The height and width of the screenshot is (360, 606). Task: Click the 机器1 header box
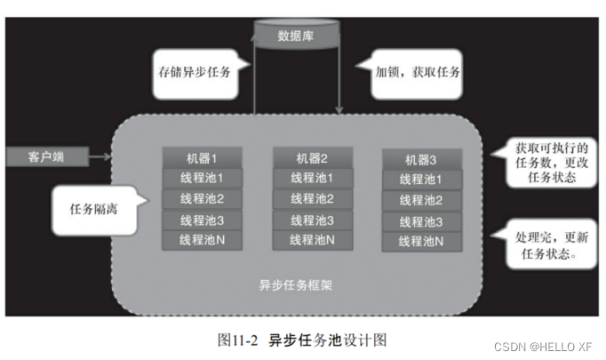coord(202,157)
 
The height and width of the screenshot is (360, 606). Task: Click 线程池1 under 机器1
coord(202,178)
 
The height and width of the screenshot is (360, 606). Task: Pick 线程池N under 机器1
coord(202,239)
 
